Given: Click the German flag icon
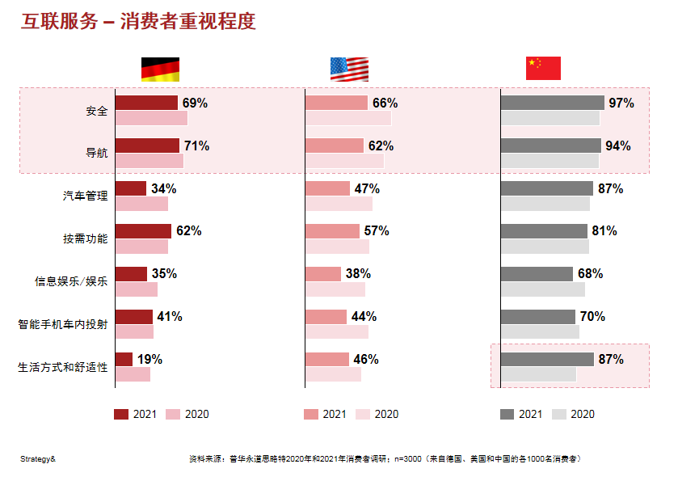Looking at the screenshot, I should (x=160, y=70).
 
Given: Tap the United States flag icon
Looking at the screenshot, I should (x=349, y=70).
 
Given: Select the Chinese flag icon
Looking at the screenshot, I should (x=543, y=69).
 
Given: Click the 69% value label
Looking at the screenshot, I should (x=195, y=103).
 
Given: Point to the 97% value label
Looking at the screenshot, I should (x=621, y=103).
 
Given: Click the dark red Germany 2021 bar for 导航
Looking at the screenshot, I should (x=147, y=146).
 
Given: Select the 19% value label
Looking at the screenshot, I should (x=149, y=359).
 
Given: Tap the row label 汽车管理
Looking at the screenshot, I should (x=85, y=196).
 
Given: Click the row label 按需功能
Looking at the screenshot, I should (x=85, y=239).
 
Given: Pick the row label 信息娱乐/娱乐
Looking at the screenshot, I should (x=71, y=282).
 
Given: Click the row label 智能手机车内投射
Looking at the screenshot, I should (x=63, y=325).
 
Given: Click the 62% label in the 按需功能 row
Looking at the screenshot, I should (x=188, y=230).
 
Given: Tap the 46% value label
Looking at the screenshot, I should (x=365, y=359).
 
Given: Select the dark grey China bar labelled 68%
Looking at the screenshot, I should (x=537, y=274).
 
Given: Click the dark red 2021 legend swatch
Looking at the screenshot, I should (x=121, y=414).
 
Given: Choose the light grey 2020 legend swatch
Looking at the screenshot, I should (x=558, y=414).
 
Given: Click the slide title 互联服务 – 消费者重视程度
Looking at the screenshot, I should (x=138, y=22).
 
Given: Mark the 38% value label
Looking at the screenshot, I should (x=358, y=273).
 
